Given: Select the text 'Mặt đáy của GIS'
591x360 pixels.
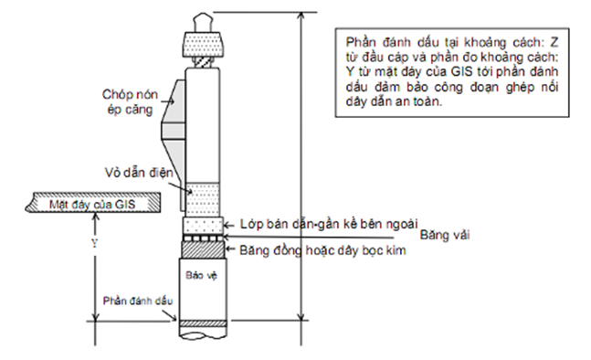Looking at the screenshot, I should pos(91,203).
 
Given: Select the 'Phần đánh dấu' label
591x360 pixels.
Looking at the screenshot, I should pos(132,300).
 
